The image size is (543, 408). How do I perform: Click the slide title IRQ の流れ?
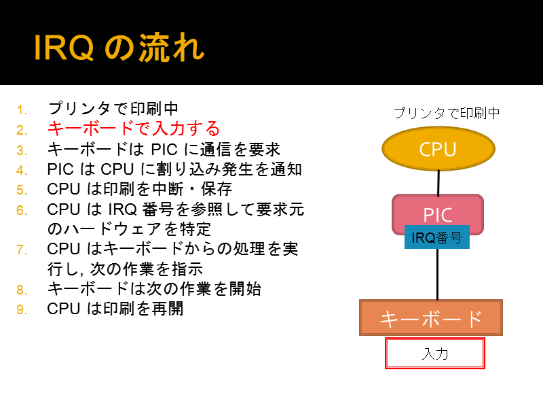coord(119,48)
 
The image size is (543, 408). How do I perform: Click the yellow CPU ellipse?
coord(438,148)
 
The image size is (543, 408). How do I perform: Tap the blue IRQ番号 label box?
coord(437,237)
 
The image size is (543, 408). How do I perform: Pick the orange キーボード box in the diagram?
coord(431,318)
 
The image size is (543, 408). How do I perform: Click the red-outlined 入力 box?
coord(435,353)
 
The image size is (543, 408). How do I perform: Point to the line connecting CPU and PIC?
coord(438,182)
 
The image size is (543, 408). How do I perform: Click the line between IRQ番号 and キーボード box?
coord(438,275)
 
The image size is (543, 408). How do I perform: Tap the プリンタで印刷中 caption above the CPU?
coord(447,113)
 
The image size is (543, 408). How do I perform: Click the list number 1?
coord(22,110)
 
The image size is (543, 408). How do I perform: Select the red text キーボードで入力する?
coord(134,129)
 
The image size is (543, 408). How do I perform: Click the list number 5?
coord(22,190)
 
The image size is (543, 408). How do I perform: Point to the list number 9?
coord(22,309)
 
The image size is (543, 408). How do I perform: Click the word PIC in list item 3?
coord(164,150)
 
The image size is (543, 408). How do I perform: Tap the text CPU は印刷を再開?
coord(115,309)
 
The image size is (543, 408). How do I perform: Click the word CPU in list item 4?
coord(117,169)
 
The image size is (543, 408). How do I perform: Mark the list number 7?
coord(22,250)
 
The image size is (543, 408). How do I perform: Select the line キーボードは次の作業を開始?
coord(154,288)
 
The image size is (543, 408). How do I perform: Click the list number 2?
coord(22,130)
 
